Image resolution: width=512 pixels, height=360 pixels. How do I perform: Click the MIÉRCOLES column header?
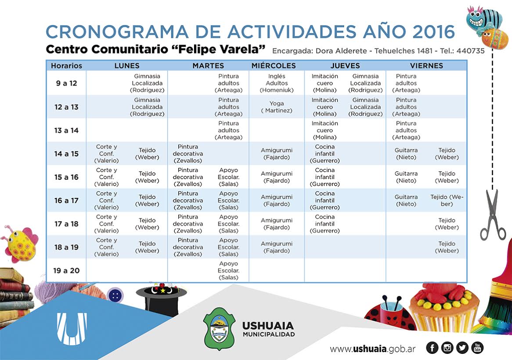coord(274,66)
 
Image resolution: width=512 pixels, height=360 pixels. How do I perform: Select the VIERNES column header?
coord(426,66)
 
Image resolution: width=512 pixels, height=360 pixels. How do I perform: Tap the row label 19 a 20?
coord(66,270)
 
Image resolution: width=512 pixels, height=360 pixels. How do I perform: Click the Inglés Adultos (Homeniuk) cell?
coord(277,83)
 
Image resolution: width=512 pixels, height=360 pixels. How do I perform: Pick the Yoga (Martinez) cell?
coord(277,107)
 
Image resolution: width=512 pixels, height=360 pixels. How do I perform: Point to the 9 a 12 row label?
coord(66,83)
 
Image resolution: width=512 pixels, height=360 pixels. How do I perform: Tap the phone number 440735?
coord(470,51)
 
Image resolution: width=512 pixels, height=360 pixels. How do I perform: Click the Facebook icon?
coord(433,348)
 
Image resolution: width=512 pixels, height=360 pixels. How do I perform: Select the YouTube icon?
coord(477,348)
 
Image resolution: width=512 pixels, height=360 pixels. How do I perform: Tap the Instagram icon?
coord(447,348)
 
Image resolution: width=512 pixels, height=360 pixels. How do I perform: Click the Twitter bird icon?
coord(462,348)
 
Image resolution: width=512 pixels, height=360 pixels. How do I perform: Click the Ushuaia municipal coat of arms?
coord(220,328)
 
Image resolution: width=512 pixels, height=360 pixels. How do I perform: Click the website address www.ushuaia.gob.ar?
coord(373,349)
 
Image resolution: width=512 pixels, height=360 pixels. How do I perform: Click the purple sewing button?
coord(115,295)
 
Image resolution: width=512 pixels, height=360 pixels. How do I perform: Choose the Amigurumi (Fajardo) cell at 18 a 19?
coord(277,247)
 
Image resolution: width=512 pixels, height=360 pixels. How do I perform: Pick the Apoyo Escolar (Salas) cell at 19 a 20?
coord(229,270)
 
